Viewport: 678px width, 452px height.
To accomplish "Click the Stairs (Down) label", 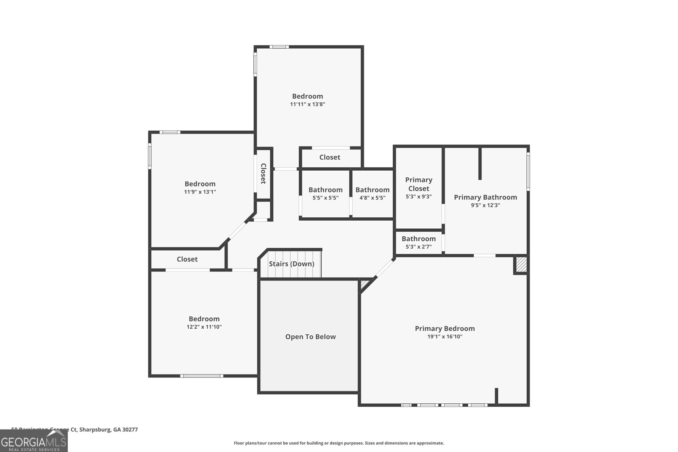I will (x=292, y=264).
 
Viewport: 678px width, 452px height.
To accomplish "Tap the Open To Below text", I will (x=310, y=337).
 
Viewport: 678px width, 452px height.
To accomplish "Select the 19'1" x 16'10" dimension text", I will (x=445, y=337).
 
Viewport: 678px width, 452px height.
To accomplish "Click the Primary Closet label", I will (x=419, y=184).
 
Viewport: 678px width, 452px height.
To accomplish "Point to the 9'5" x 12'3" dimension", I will (x=485, y=205).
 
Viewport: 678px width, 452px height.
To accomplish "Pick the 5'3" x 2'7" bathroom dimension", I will (x=419, y=247).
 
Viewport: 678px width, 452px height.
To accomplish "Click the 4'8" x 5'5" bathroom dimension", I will (x=372, y=197).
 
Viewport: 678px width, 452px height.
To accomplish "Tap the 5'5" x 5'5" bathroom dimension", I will (x=325, y=197).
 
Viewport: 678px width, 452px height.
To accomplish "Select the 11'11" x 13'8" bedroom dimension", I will (x=307, y=104).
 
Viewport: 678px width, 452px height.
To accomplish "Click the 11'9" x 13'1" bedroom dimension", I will (x=200, y=192).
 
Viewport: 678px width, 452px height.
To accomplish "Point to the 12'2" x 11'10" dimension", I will (x=204, y=327).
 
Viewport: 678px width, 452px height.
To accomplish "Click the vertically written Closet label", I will (x=263, y=173).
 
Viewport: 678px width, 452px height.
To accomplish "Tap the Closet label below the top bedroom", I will (x=330, y=157).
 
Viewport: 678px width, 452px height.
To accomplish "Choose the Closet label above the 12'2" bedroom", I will (x=187, y=259).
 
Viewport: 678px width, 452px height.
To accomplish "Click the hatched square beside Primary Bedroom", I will (x=521, y=265).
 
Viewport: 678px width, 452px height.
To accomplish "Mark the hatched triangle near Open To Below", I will (x=363, y=285).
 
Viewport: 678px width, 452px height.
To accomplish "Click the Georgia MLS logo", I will (x=34, y=441).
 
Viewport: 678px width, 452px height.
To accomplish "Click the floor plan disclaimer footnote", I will (x=339, y=443).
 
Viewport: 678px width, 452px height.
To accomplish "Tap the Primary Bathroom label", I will (x=485, y=197).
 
